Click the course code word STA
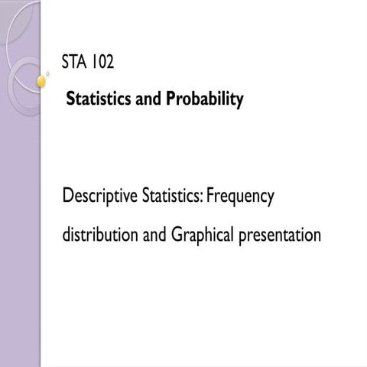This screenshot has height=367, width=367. point(76,63)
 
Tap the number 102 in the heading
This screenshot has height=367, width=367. point(102,63)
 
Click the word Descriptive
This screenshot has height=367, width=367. point(98,198)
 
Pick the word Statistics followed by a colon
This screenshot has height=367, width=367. point(171,197)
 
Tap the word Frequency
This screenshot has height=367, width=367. point(240,198)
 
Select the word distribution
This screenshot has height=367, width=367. point(99,235)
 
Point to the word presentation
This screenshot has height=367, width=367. point(280,235)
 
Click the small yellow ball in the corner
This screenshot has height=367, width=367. point(41,80)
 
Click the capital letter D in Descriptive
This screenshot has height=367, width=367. point(67,196)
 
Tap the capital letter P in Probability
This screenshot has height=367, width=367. point(171,99)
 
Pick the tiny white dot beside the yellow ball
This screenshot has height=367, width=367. point(47,74)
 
